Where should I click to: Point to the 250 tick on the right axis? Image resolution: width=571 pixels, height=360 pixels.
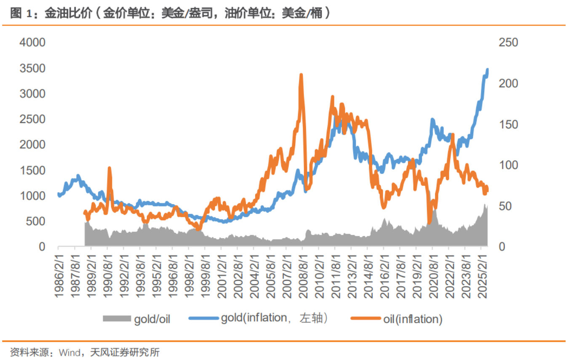pyautogui.click(x=508, y=43)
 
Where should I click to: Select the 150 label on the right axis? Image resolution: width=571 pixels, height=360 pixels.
pyautogui.click(x=508, y=125)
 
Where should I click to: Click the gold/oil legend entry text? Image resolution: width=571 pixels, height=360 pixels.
pyautogui.click(x=152, y=319)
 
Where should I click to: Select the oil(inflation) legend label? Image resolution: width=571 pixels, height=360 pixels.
pyautogui.click(x=413, y=319)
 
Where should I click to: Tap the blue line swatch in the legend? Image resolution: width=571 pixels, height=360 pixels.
pyautogui.click(x=204, y=319)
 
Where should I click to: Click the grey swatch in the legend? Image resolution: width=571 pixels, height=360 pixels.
pyautogui.click(x=117, y=319)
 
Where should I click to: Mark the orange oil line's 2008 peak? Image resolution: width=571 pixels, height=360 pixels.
pyautogui.click(x=301, y=75)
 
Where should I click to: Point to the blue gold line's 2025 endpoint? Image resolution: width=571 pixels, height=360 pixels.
pyautogui.click(x=488, y=69)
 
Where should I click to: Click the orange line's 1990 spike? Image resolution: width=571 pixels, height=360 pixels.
pyautogui.click(x=109, y=168)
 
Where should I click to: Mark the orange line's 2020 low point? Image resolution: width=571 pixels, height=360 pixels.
pyautogui.click(x=429, y=222)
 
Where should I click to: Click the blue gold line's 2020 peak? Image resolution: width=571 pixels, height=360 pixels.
pyautogui.click(x=432, y=120)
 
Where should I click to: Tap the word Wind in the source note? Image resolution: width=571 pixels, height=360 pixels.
pyautogui.click(x=67, y=352)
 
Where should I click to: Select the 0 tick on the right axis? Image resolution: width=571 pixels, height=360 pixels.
pyautogui.click(x=502, y=247)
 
